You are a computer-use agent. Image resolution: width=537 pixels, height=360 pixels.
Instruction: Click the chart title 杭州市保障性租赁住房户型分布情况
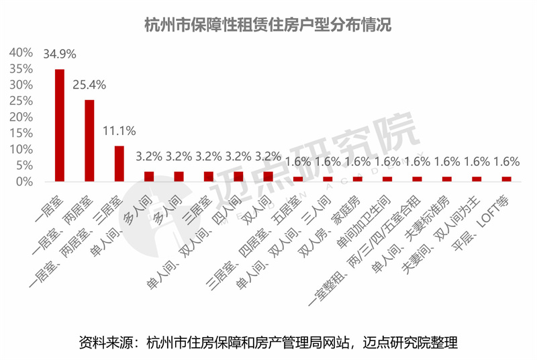pos(268,25)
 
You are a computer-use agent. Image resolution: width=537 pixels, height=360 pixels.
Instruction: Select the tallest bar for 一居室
pos(60,125)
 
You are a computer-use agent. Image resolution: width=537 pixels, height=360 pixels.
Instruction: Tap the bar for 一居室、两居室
pos(89,140)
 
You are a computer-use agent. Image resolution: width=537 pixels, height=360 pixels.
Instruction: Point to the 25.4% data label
pos(89,85)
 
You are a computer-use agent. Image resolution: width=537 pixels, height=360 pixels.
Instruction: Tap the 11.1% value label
pos(119,130)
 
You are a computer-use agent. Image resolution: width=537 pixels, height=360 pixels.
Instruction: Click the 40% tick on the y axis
pos(21,52)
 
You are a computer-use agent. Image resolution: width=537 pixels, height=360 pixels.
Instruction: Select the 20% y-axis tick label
pos(21,117)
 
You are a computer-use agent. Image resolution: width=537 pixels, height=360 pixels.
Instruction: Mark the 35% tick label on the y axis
pos(21,69)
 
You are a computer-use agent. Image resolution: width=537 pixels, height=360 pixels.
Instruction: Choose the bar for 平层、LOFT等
pos(507,179)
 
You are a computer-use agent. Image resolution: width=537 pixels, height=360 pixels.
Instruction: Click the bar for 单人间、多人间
pos(149,177)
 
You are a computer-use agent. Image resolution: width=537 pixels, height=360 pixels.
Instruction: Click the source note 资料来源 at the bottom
pos(268,342)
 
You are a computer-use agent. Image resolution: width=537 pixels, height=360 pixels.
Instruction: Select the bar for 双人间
pos(268,177)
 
